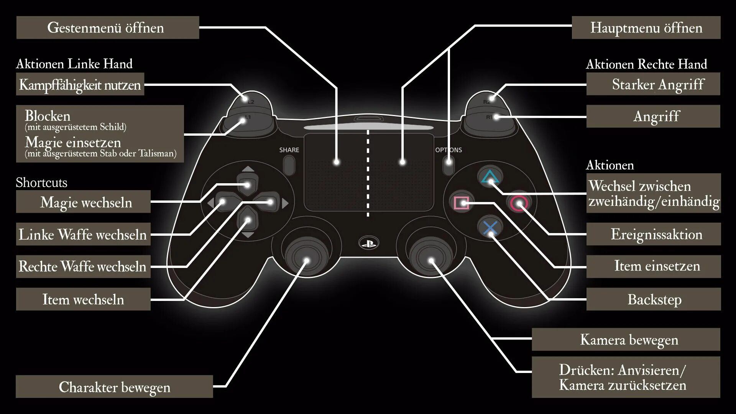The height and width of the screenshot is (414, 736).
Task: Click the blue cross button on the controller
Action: [x=490, y=228]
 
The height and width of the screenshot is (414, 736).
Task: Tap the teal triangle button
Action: [x=490, y=177]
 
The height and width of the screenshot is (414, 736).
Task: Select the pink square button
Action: [x=462, y=203]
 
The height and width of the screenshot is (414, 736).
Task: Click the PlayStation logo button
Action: [x=368, y=243]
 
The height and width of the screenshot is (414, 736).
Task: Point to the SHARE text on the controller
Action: [x=289, y=150]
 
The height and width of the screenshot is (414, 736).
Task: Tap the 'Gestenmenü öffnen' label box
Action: [x=108, y=28]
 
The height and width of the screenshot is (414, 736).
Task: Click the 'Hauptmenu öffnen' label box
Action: [x=646, y=28]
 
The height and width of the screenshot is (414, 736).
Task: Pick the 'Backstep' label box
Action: [x=654, y=299]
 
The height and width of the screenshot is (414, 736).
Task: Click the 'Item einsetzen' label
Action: [x=654, y=266]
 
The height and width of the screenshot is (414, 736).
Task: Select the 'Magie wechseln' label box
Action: [x=83, y=202]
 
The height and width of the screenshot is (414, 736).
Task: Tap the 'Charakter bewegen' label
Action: [x=114, y=387]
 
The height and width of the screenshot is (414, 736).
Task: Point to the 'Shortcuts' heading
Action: [x=41, y=182]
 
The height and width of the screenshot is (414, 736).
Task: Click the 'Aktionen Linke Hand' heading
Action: [x=74, y=64]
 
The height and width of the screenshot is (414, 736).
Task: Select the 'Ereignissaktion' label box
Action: [x=654, y=234]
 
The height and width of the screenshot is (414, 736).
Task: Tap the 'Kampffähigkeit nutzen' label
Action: [x=80, y=84]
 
